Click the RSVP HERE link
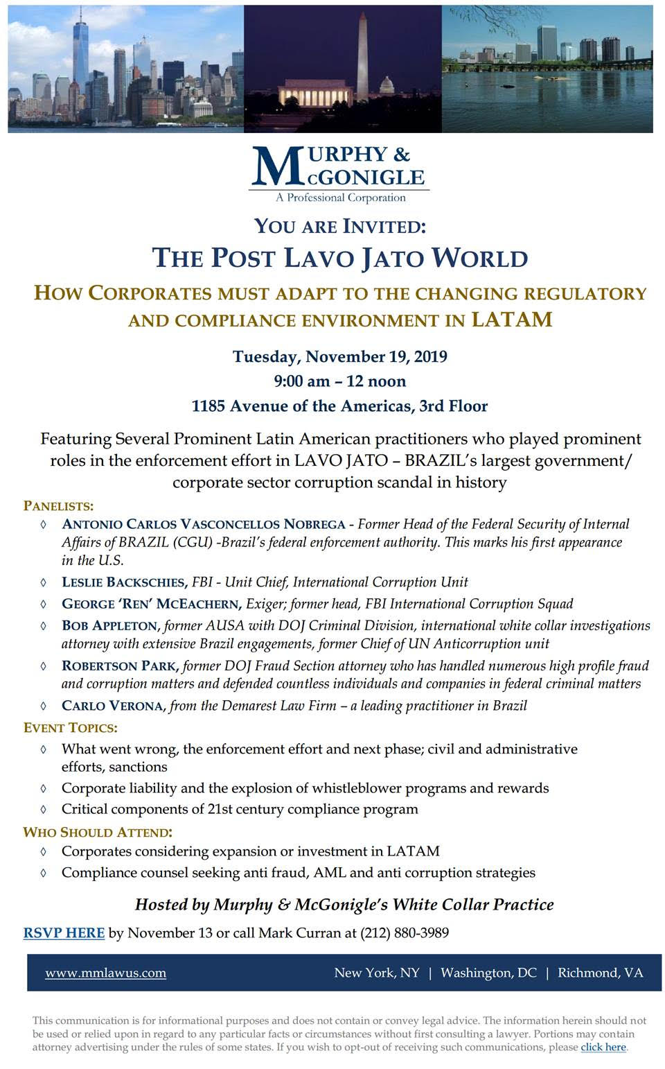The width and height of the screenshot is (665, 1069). pyautogui.click(x=64, y=933)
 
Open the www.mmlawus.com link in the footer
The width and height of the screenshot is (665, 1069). pyautogui.click(x=105, y=973)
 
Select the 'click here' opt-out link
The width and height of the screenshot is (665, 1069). pyautogui.click(x=603, y=1047)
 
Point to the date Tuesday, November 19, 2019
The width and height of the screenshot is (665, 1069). pyautogui.click(x=339, y=357)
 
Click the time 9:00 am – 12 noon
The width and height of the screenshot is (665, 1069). pyautogui.click(x=339, y=381)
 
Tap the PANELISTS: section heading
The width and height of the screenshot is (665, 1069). pyautogui.click(x=58, y=505)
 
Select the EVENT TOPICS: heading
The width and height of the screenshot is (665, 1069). pyautogui.click(x=70, y=728)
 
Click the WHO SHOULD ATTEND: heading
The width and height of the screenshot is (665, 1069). pyautogui.click(x=97, y=832)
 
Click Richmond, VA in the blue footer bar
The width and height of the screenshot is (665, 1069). pyautogui.click(x=600, y=973)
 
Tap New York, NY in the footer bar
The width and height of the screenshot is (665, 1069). pyautogui.click(x=377, y=973)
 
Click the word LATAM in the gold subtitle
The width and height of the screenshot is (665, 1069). pyautogui.click(x=512, y=320)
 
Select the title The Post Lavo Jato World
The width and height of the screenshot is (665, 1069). pyautogui.click(x=339, y=258)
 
